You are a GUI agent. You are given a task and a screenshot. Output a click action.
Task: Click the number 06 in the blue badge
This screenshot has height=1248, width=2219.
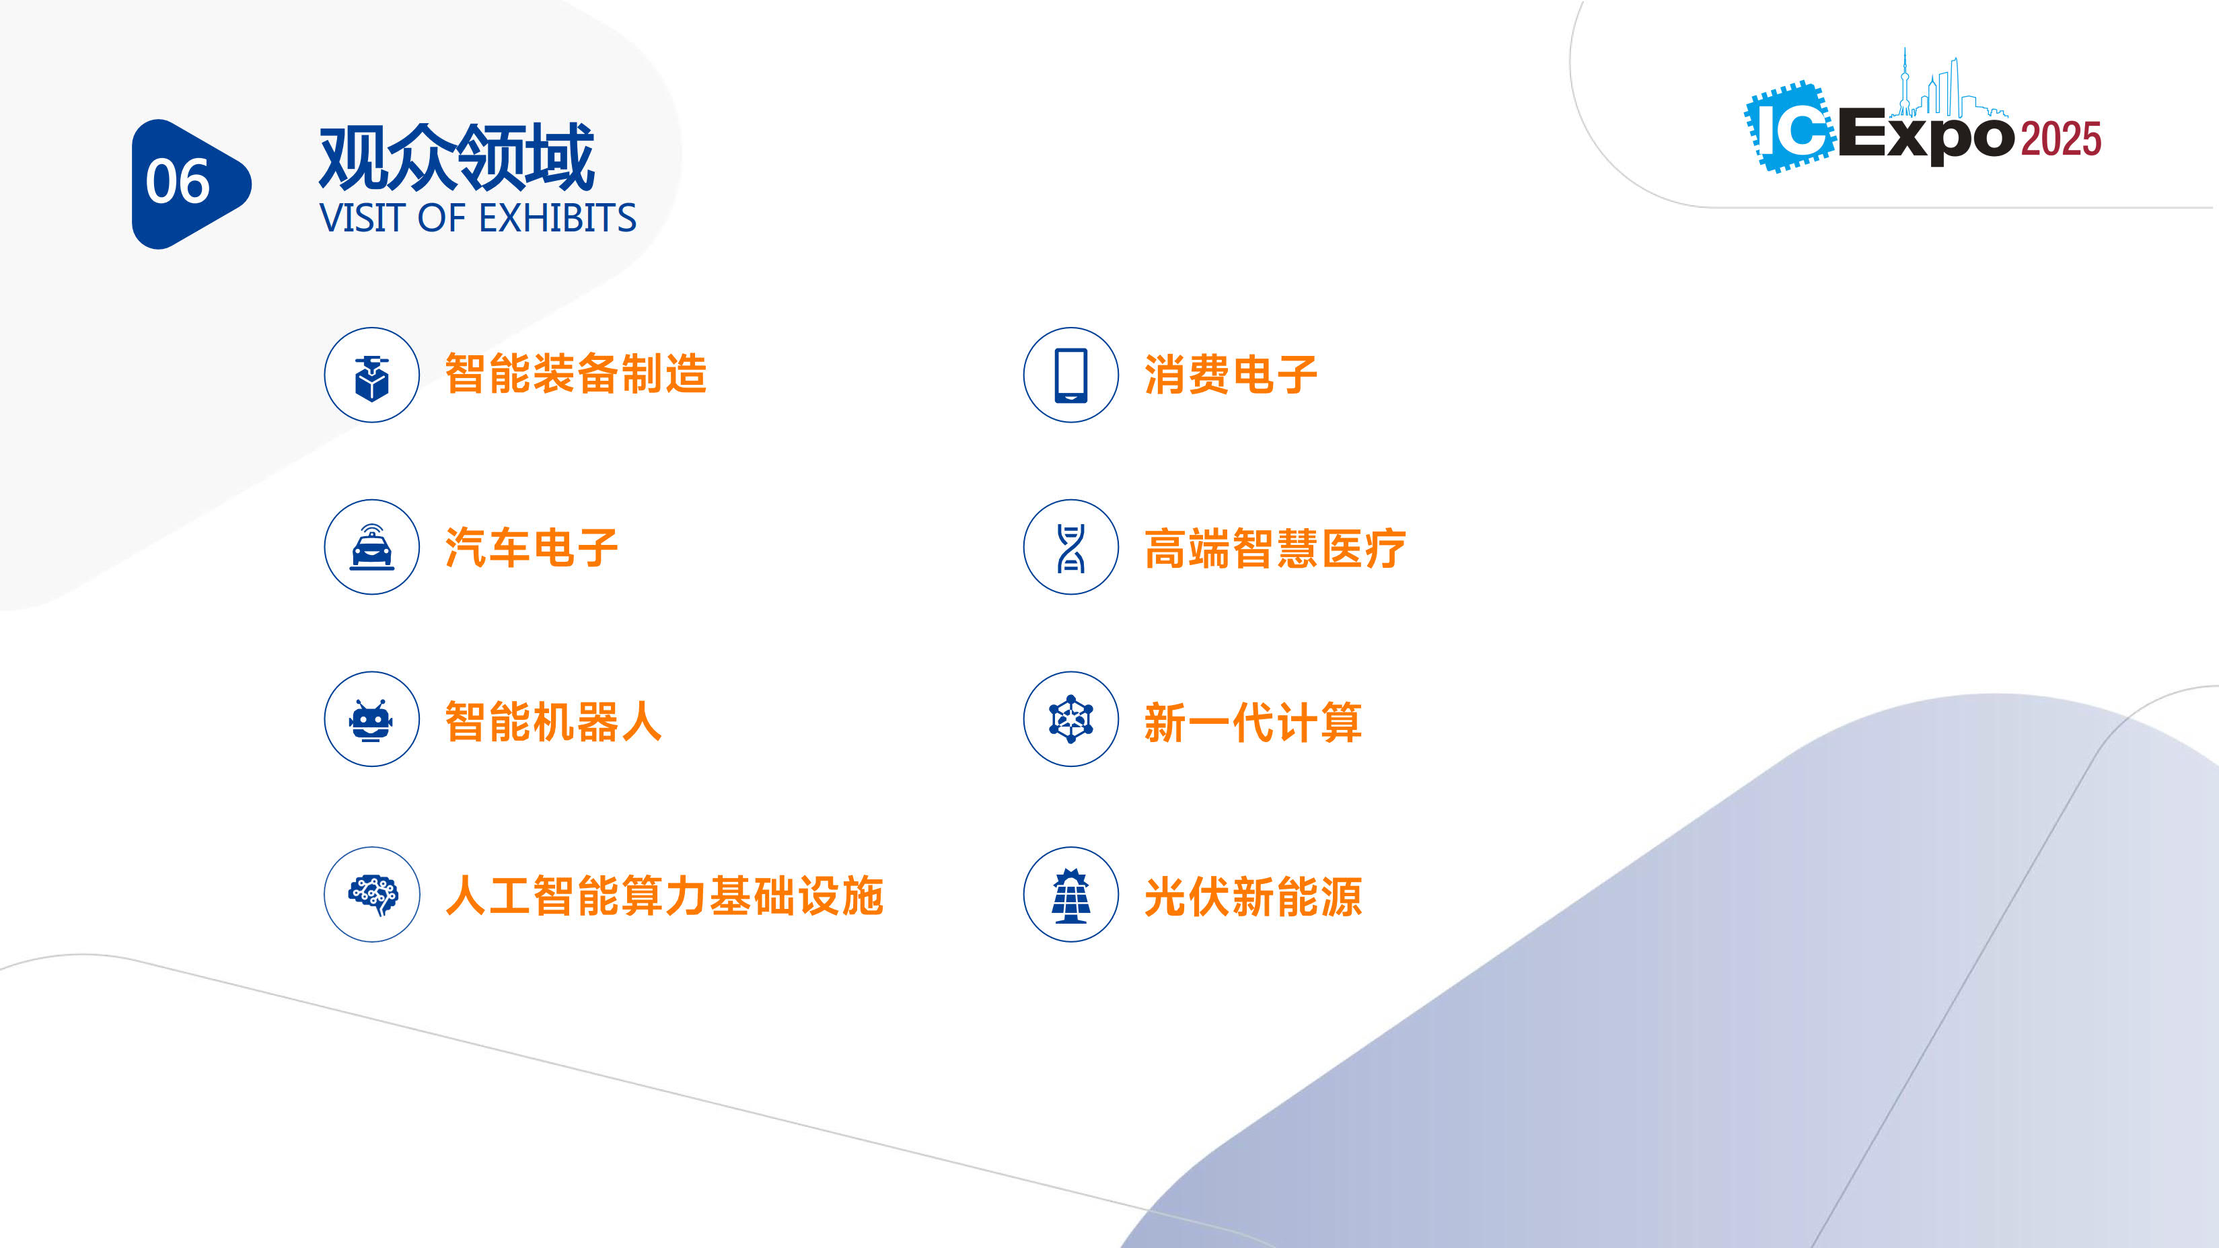[178, 182]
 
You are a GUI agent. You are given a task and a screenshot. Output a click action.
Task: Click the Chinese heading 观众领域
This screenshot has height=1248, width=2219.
[457, 157]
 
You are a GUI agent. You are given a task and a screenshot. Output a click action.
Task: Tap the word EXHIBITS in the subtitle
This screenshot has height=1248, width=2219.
[557, 218]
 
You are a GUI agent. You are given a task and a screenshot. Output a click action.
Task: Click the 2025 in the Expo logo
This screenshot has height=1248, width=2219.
[2060, 139]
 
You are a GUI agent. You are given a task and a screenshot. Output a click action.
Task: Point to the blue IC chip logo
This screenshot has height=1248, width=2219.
[1790, 127]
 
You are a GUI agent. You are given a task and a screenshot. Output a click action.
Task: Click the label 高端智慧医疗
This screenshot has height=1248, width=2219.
[1275, 548]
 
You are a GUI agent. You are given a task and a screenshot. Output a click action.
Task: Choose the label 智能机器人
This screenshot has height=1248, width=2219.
[554, 722]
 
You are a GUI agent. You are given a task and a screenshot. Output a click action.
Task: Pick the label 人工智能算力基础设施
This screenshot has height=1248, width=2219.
[664, 895]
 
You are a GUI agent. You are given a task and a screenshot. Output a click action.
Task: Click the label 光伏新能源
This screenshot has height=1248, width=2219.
[1253, 897]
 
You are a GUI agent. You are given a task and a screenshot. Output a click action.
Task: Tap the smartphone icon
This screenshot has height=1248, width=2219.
[1070, 375]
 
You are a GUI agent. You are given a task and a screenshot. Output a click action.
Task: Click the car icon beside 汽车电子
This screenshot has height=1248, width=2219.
[372, 548]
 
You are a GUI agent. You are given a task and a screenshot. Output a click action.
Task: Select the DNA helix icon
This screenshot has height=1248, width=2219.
[1070, 548]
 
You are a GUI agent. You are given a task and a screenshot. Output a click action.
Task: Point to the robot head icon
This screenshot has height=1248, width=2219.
[371, 720]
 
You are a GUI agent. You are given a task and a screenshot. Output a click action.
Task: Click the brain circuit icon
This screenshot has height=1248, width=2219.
[373, 894]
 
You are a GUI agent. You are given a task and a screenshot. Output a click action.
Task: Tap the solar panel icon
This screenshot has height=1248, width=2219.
[1070, 895]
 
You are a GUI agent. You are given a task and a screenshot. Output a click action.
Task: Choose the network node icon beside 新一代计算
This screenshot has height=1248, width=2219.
[1070, 719]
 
